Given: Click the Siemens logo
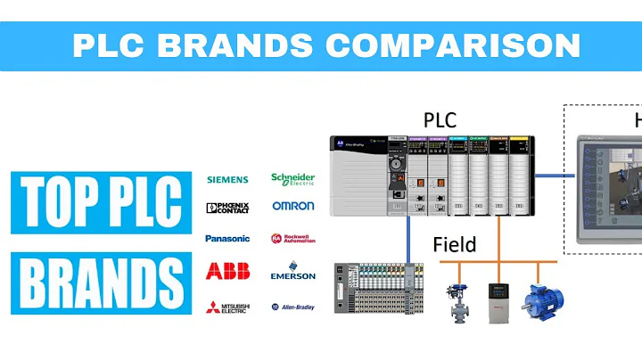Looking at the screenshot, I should [x=227, y=179].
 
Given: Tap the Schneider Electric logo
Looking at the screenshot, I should [x=292, y=178].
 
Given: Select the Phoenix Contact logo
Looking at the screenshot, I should [x=227, y=209].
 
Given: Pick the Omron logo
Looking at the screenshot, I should [x=293, y=206].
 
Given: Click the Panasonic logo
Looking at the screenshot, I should [x=227, y=238].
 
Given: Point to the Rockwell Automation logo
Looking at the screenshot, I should [x=292, y=239].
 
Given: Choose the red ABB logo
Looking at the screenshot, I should [x=227, y=271].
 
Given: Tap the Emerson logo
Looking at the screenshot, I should [x=292, y=272].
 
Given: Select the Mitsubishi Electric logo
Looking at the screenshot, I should [x=227, y=307].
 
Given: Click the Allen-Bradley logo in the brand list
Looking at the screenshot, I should [x=292, y=307].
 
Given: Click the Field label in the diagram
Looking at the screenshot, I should [x=455, y=243].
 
